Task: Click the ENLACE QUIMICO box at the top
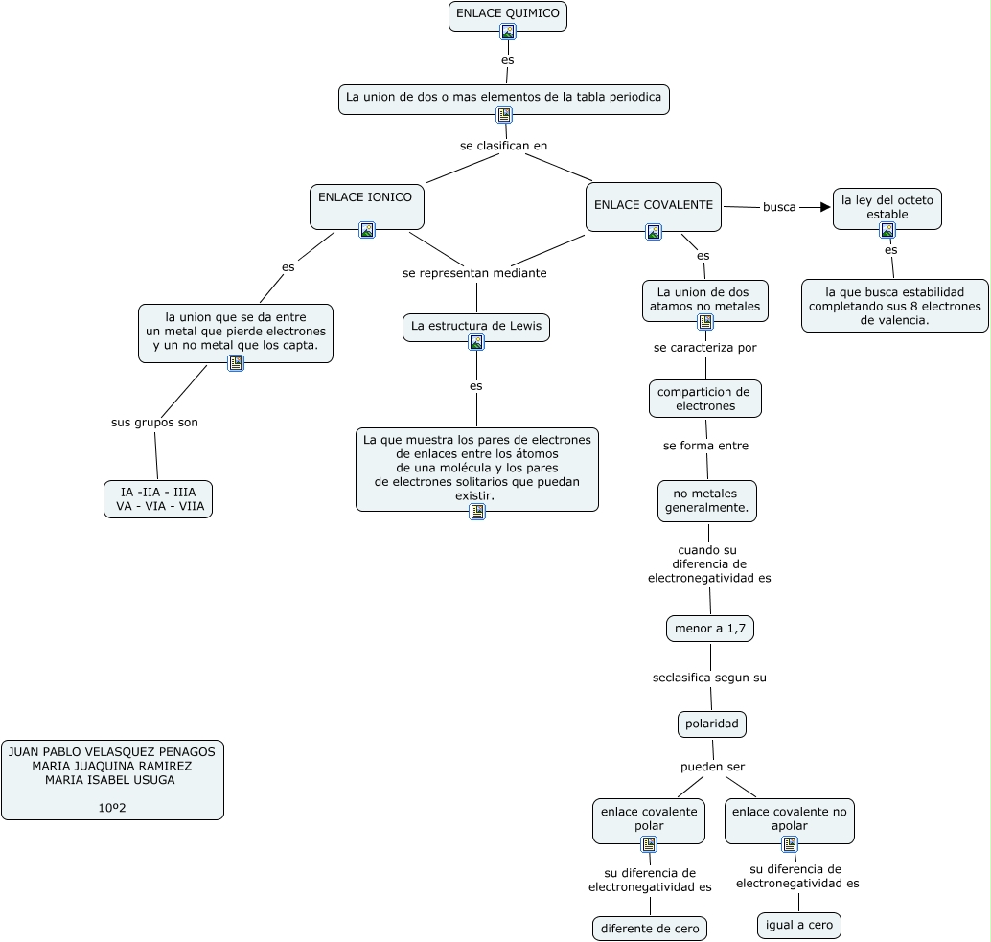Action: pos(507,13)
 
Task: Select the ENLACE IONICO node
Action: pos(366,198)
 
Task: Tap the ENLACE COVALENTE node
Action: pos(653,205)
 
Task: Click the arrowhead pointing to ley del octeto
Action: pos(823,207)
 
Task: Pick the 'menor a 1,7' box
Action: pos(709,629)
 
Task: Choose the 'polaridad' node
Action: pos(711,724)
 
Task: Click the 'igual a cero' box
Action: pos(798,925)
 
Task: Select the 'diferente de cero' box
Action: pos(650,928)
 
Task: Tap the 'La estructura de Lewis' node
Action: pos(475,326)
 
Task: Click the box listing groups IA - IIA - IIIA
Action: pos(158,498)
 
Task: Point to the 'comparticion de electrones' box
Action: pos(704,399)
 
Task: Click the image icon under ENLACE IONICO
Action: pos(367,230)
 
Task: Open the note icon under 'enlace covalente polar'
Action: pos(649,844)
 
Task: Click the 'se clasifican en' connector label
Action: pos(503,146)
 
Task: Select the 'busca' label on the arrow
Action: pos(779,207)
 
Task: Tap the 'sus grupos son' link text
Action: pos(154,422)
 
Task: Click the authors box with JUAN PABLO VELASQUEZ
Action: pos(112,779)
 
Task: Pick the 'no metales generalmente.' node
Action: pos(706,500)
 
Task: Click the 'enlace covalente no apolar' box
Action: pos(789,818)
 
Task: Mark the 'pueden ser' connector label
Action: pos(712,767)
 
